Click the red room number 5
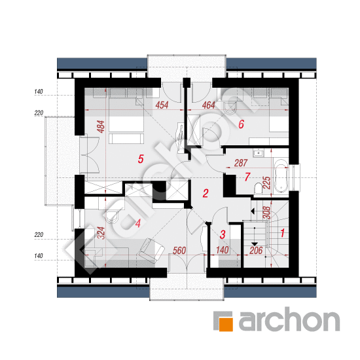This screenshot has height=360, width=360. [x=141, y=159]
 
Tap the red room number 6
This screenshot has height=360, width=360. [x=241, y=124]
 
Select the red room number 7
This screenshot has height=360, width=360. [x=247, y=177]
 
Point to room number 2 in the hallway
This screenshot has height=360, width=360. [x=206, y=193]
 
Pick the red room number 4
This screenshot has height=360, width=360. [x=137, y=223]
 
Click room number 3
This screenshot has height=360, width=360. [x=223, y=234]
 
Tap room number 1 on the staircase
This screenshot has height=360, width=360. [x=283, y=233]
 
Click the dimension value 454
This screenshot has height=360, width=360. [x=162, y=105]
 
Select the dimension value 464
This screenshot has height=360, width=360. [x=208, y=105]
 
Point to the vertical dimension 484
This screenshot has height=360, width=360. [x=101, y=127]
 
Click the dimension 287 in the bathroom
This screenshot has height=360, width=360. [x=241, y=163]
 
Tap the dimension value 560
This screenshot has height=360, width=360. [x=179, y=251]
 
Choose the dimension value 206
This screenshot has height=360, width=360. [x=256, y=251]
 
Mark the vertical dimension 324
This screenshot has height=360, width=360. [x=101, y=233]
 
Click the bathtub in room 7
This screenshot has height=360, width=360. [x=281, y=176]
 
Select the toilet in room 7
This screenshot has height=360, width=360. [x=259, y=189]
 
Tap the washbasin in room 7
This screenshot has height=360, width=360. [x=259, y=153]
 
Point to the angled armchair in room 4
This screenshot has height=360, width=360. [x=152, y=250]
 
